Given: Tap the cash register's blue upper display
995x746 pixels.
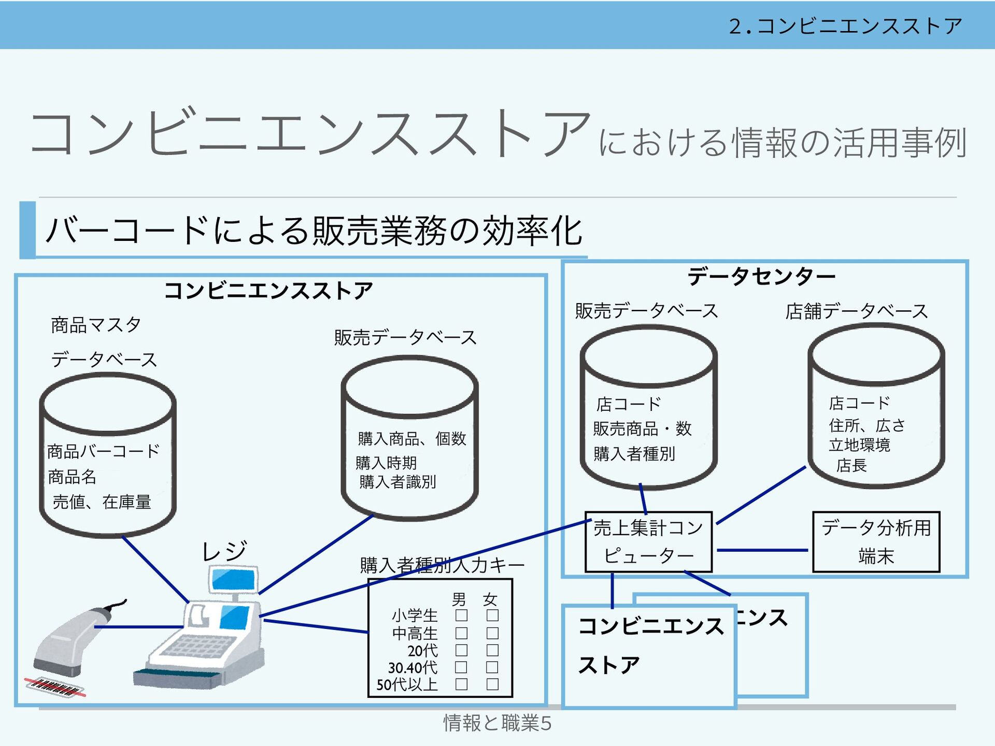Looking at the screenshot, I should pos(234,579).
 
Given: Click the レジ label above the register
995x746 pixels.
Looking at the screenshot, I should pos(224,551).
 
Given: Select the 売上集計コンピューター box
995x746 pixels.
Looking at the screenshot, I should pos(648,542).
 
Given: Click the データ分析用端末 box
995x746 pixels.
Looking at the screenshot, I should pos(876,542).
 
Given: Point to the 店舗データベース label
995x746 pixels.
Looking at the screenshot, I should pos(856,311).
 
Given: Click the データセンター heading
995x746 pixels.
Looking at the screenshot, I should pos(761,276).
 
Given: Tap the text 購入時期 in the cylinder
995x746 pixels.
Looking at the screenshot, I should pos(386,462).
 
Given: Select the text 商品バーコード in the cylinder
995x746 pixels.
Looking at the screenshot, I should pos(103,451).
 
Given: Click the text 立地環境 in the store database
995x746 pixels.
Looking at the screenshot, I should pos(859,445).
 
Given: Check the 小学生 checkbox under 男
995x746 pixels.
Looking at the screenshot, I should pos(461,615).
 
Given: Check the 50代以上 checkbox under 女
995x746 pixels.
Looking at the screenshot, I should pos(492,684).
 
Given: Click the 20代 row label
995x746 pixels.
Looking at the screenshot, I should pos(422,650).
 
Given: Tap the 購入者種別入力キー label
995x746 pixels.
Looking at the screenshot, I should pos(442,565).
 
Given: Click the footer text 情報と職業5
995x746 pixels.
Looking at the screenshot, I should pos(497,723).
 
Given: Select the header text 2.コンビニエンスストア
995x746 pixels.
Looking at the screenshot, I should pos(845,26).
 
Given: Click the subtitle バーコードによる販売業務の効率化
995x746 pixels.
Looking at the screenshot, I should pos(314,231).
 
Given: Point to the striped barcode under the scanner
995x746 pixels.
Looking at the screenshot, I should pos(55,687).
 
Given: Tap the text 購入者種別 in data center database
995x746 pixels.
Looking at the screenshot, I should pos(634,454).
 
